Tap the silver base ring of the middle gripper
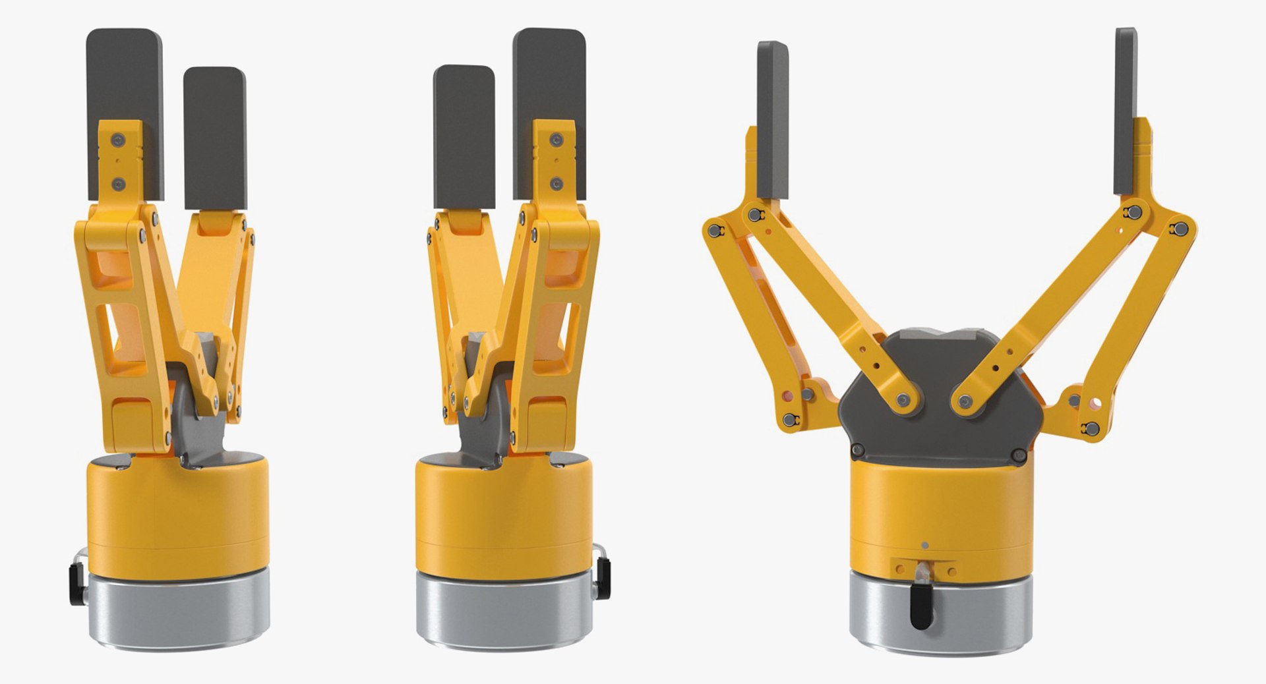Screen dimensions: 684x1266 [504, 610]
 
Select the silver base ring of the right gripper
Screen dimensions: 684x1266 [940, 616]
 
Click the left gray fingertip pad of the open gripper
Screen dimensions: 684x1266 [773, 119]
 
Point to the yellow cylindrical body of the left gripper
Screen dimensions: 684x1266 [178, 514]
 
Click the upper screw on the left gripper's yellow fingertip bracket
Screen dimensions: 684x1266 [118, 139]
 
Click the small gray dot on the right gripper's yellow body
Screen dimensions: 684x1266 [924, 546]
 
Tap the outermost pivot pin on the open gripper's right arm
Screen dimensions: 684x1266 [1180, 229]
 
